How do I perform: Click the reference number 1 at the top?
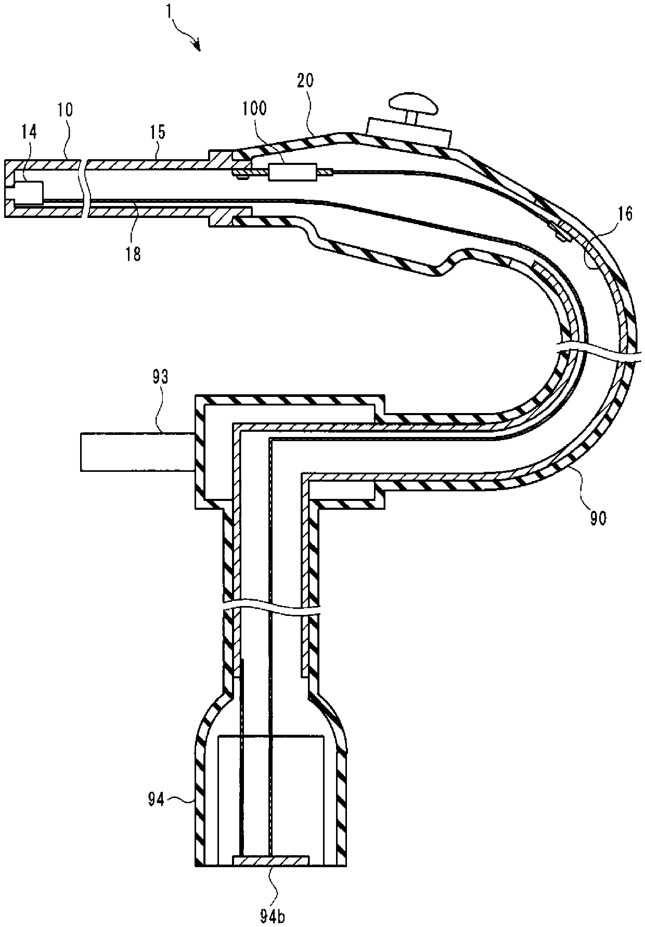(x=168, y=10)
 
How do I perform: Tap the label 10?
(x=66, y=110)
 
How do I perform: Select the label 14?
(x=29, y=132)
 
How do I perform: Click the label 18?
(x=133, y=255)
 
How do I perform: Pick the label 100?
(x=254, y=108)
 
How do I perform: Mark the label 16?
(x=626, y=214)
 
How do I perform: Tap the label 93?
(x=160, y=377)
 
